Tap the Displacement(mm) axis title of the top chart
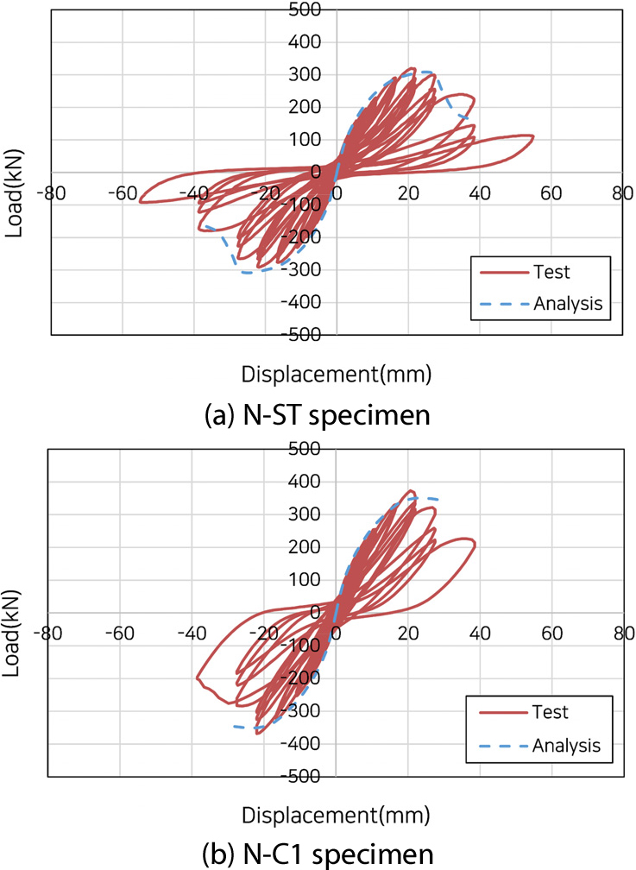point(336,374)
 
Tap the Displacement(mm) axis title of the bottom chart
point(336,814)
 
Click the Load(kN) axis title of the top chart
point(12,171)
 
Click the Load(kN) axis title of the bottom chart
point(12,611)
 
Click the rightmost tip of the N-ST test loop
point(533,136)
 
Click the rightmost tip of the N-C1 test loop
point(475,545)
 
